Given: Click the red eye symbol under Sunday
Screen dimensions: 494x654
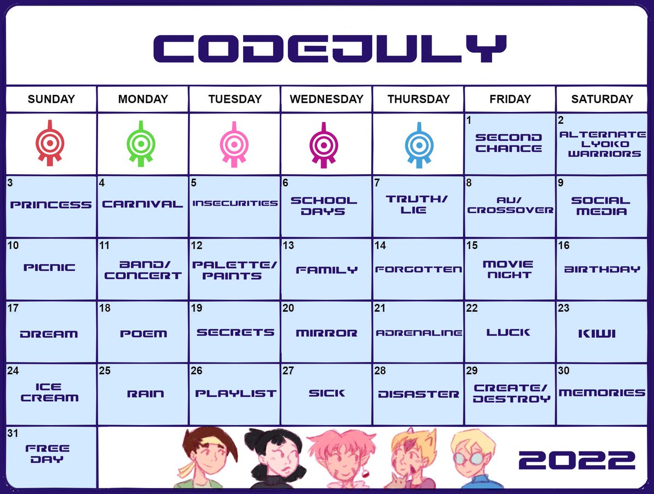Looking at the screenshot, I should coord(51,144).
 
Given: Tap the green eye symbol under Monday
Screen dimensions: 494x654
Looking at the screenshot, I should coord(143,144).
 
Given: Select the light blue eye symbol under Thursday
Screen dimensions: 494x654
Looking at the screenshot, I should coord(419,144).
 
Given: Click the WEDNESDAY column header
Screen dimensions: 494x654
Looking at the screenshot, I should coord(326,99).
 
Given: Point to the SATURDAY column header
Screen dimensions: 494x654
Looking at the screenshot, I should coord(602,99).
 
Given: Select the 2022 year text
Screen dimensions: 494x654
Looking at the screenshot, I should coord(577,460).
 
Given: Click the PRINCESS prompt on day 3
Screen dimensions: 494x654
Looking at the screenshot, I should coord(51,205).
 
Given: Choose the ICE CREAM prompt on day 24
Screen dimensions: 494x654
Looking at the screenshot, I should coord(49,393).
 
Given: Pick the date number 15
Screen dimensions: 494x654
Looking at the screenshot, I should coord(472,246).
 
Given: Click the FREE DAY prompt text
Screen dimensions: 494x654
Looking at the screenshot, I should coord(47,454).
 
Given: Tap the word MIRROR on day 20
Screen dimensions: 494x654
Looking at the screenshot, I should coord(326,333).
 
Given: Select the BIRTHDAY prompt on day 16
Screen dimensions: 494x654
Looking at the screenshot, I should coord(602,269).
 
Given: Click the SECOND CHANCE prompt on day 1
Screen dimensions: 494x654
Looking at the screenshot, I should coord(508,143).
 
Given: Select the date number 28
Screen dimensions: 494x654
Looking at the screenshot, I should coord(380,371).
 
